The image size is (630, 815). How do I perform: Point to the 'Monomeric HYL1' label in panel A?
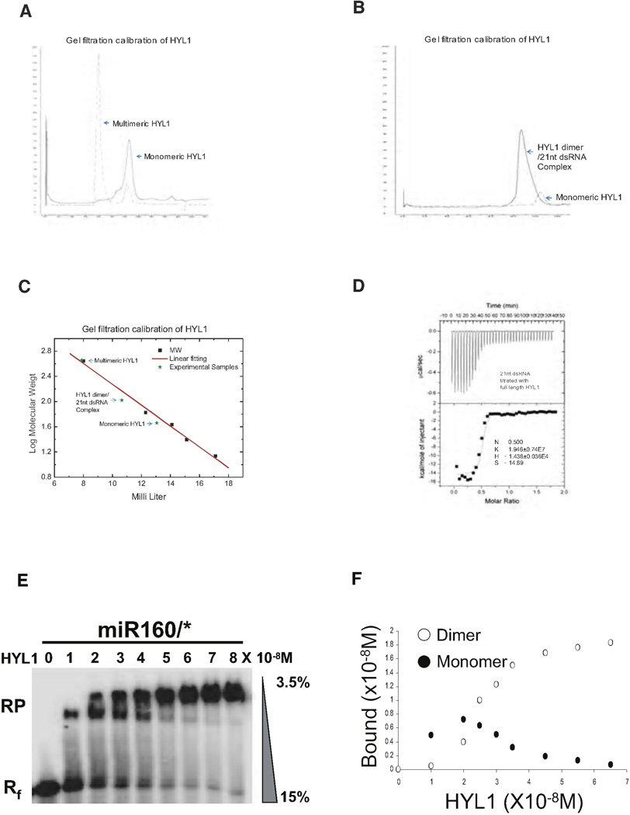(171, 156)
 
